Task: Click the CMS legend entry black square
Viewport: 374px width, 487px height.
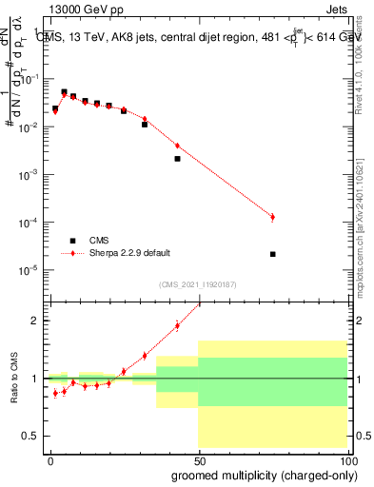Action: click(70, 241)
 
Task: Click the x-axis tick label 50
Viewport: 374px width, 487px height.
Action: click(198, 459)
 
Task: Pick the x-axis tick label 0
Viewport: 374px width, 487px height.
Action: click(50, 459)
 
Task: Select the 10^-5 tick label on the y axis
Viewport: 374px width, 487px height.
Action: click(30, 270)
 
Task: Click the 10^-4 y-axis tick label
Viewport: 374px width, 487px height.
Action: click(30, 223)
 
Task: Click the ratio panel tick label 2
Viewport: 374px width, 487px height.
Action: click(36, 321)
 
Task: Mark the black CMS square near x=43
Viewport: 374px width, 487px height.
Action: click(177, 159)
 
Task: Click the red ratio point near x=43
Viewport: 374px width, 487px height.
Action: click(177, 325)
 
